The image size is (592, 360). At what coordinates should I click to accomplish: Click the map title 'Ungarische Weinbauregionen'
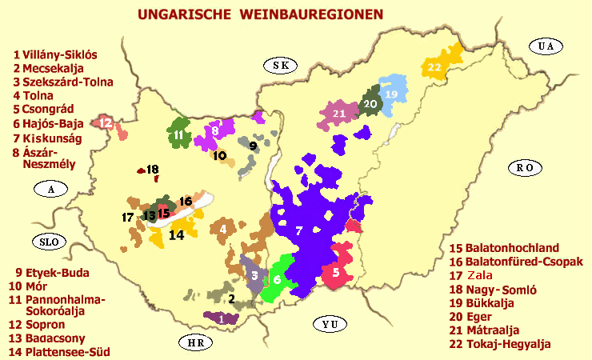click(259, 14)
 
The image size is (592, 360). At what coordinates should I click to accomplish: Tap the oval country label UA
click(546, 46)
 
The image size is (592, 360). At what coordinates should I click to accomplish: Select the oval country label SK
click(279, 65)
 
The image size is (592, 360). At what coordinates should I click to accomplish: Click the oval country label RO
click(523, 167)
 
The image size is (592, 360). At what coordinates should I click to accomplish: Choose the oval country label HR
click(195, 342)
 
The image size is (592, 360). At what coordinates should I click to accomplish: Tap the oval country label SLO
click(44, 241)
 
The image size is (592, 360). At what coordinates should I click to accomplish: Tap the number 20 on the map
click(370, 104)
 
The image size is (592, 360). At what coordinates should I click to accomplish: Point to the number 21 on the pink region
click(339, 114)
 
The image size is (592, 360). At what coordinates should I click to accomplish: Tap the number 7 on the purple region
click(298, 230)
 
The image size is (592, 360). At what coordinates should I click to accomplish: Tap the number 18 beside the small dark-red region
click(152, 169)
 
